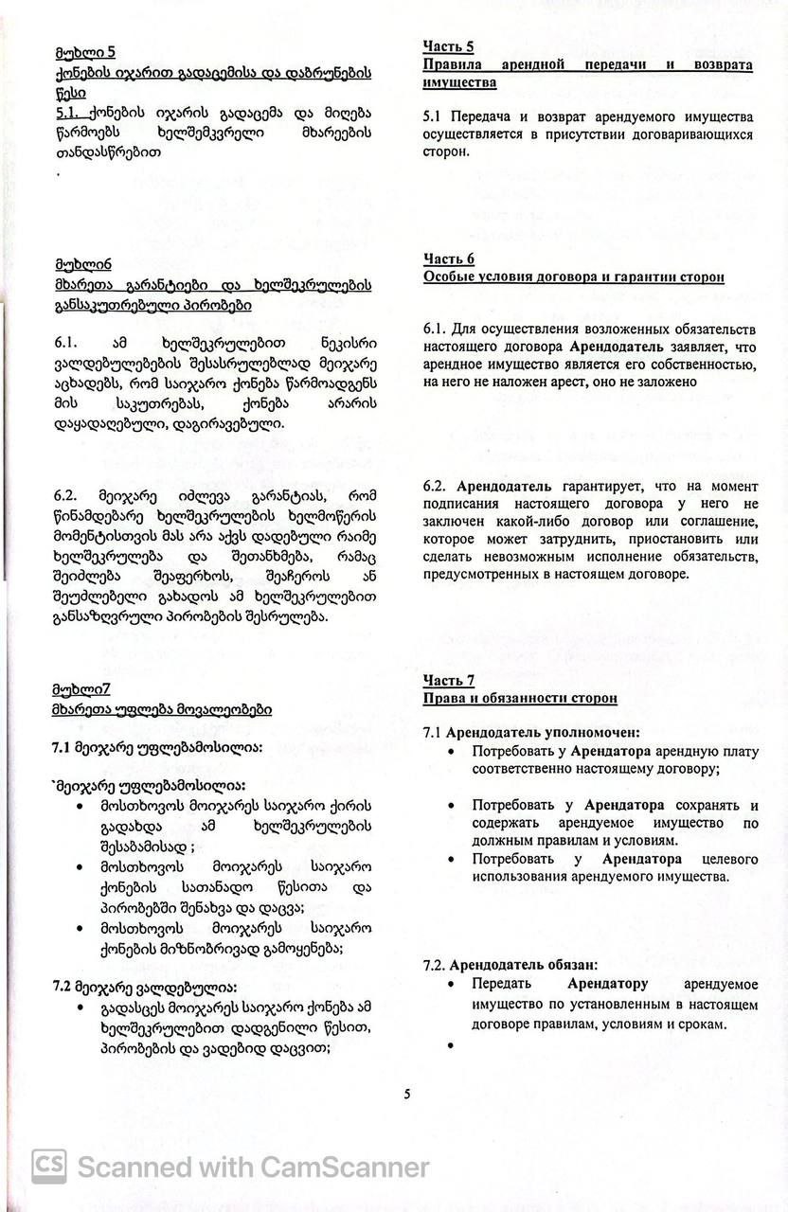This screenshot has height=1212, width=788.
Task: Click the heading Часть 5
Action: [448, 46]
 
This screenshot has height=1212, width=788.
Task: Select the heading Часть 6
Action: [448, 259]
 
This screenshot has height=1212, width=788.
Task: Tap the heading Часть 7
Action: [448, 681]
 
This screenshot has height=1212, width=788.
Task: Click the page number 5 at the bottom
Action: [407, 1095]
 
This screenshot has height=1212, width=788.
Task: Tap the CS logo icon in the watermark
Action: [49, 1167]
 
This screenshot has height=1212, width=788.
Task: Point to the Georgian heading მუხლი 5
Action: [84, 52]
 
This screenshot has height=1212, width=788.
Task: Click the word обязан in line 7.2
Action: [569, 965]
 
